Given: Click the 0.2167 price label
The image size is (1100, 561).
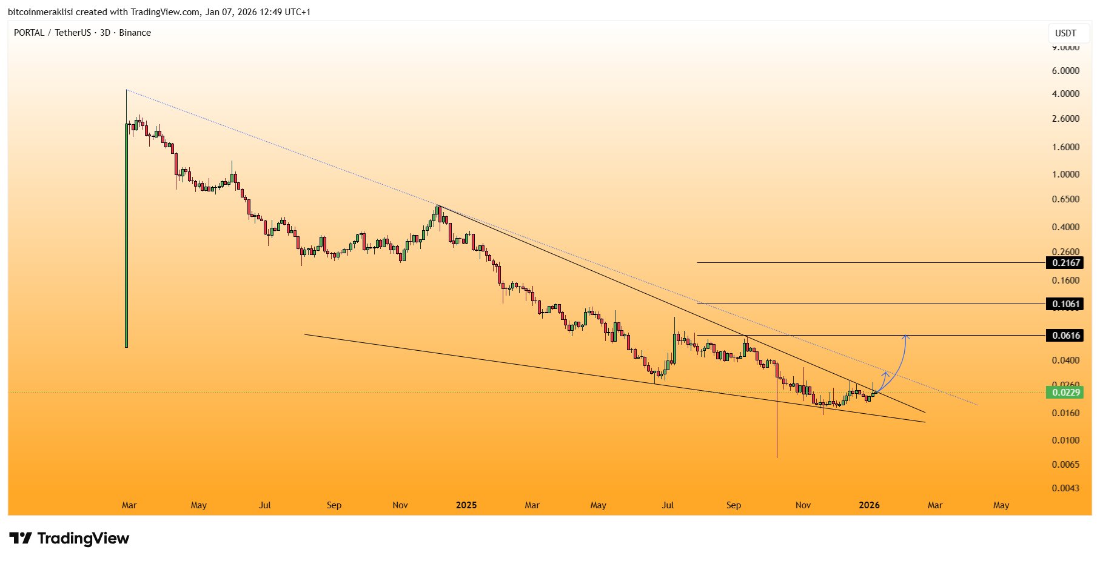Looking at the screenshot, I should click(1065, 263).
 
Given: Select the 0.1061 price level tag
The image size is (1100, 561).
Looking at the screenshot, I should click(1065, 304).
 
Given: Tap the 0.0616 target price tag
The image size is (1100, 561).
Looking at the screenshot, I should click(1065, 336).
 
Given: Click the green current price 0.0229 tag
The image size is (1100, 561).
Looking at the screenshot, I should click(1065, 393).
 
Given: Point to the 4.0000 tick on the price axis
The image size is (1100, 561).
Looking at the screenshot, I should click(1065, 94).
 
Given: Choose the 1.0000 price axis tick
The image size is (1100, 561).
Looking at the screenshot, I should click(1065, 174).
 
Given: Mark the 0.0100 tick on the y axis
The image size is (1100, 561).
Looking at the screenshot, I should click(1065, 440).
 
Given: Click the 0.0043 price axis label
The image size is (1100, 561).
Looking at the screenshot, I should click(1065, 488).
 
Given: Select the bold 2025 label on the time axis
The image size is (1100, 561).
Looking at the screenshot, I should click(466, 505).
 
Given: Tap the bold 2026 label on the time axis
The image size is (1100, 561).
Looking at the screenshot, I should click(869, 505).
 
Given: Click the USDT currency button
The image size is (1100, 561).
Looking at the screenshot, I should click(1065, 33).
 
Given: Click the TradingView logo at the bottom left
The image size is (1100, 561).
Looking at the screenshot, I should click(69, 539).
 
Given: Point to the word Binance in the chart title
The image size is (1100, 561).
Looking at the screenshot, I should click(135, 33).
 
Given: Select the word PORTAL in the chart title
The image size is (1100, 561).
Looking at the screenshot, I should click(29, 33).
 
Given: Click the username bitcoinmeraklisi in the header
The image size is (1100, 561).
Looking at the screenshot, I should click(40, 12).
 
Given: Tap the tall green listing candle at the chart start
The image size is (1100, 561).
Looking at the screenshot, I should click(126, 236).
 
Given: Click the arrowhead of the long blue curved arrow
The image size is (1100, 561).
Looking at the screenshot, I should click(906, 336).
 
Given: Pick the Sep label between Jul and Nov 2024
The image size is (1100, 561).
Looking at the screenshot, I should click(334, 505).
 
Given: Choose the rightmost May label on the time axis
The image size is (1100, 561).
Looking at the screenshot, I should click(1001, 505).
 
